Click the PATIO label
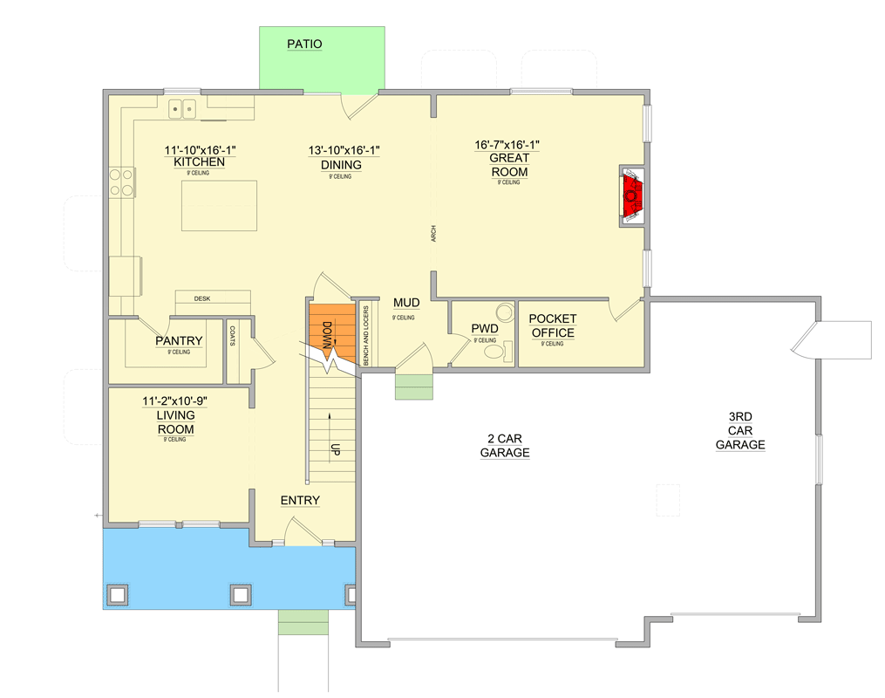point(304,43)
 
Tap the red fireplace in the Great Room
point(632,196)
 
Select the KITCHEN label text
point(199,162)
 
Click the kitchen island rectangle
point(220,205)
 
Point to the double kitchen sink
point(182,109)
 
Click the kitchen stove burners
point(121,181)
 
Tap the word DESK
point(202,298)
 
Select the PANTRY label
point(179,341)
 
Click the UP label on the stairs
point(334,450)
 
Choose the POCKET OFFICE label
point(552,325)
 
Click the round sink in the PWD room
point(503,312)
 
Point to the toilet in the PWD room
point(494,352)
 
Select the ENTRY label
point(300,501)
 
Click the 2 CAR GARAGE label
point(505,446)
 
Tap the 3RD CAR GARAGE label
point(740,431)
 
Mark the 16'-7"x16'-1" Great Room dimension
point(514,145)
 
